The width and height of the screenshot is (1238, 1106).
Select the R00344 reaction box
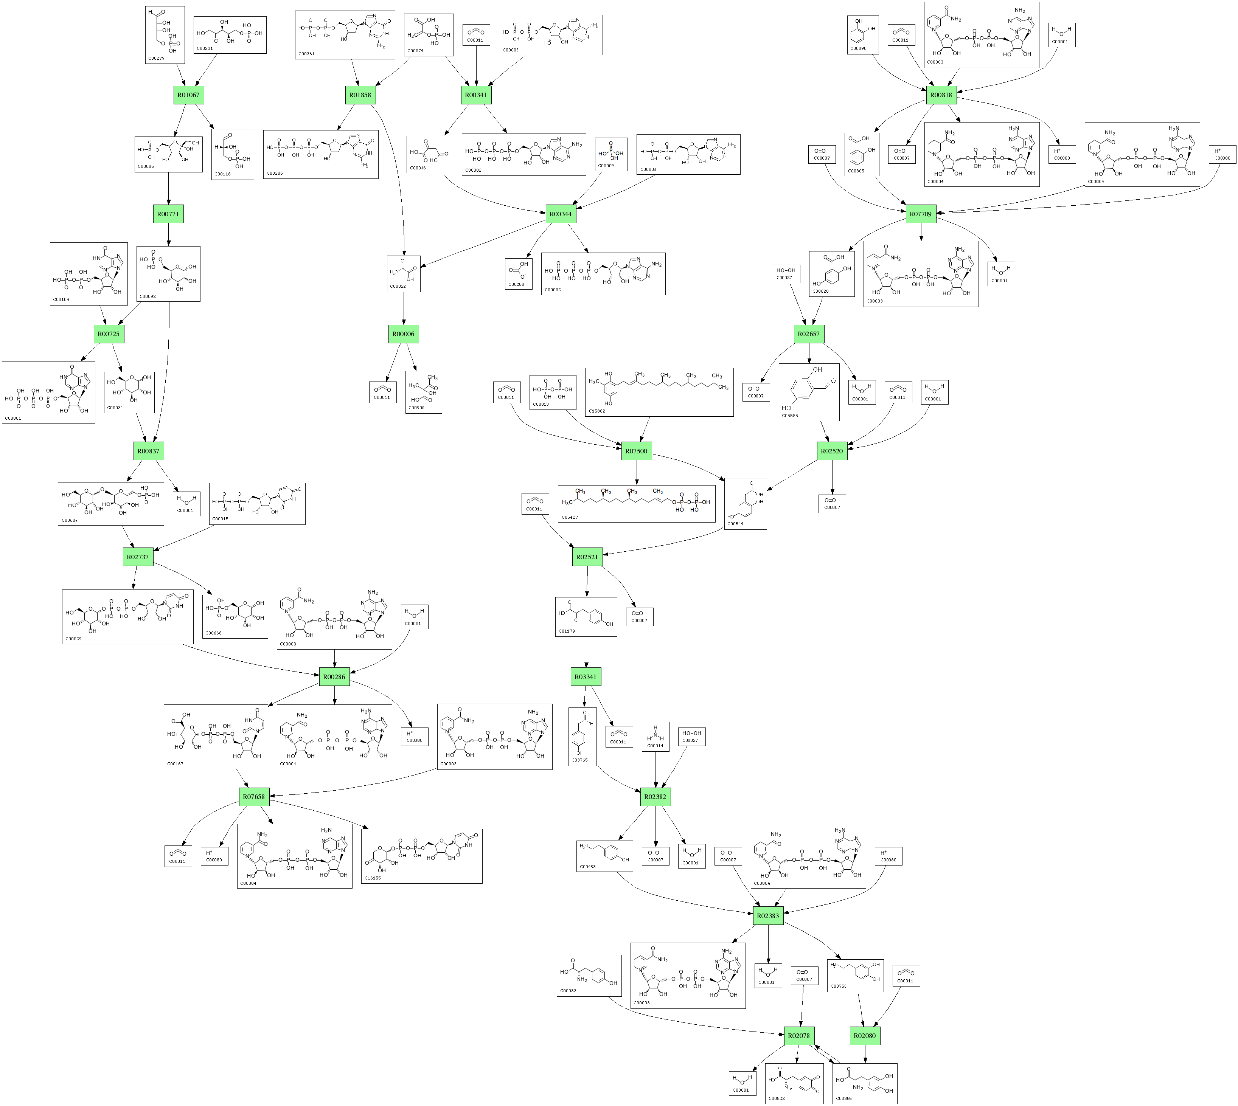tap(560, 214)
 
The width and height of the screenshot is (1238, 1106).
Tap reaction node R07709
tap(920, 214)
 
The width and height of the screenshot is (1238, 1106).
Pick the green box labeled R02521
tap(587, 557)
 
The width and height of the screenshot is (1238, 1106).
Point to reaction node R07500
tap(636, 451)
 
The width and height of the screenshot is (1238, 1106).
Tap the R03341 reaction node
tap(585, 676)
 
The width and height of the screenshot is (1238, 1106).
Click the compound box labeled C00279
tap(165, 35)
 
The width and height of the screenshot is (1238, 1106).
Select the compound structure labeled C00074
tap(429, 35)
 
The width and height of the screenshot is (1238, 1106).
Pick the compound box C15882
tap(659, 392)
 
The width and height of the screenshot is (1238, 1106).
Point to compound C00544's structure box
tap(745, 503)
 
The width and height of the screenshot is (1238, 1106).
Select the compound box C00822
tap(794, 1083)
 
